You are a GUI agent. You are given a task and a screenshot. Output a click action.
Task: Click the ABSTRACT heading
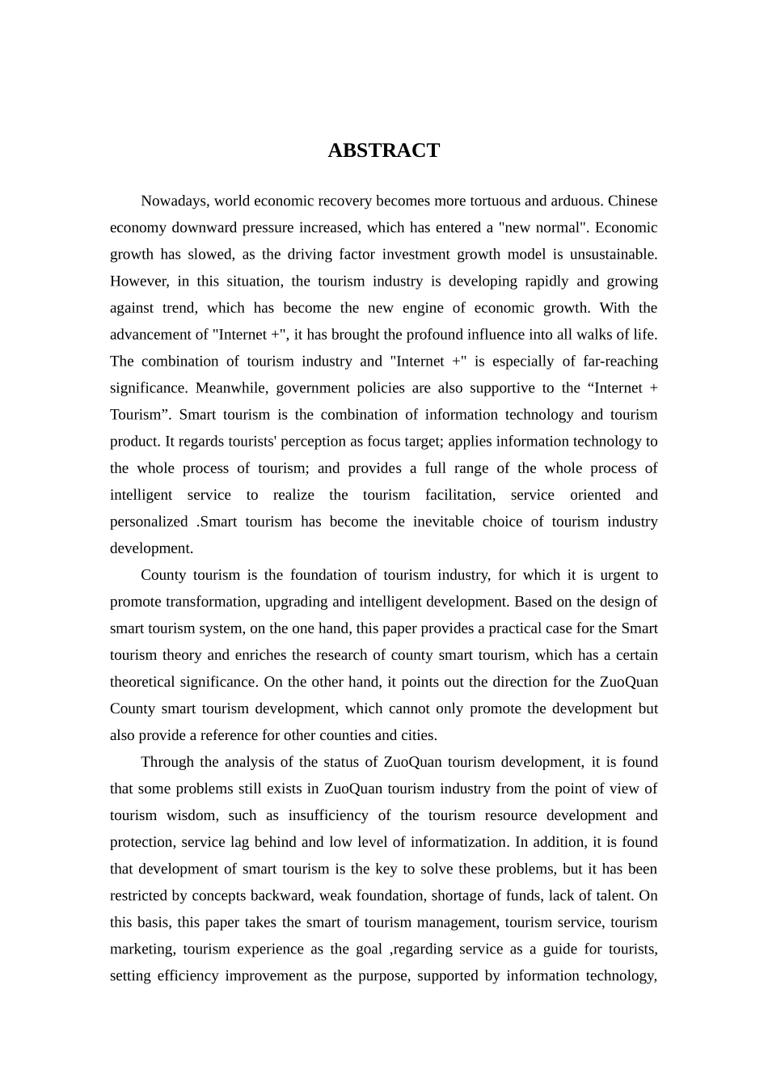tap(383, 150)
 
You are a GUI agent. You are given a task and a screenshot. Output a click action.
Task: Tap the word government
tap(313, 387)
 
